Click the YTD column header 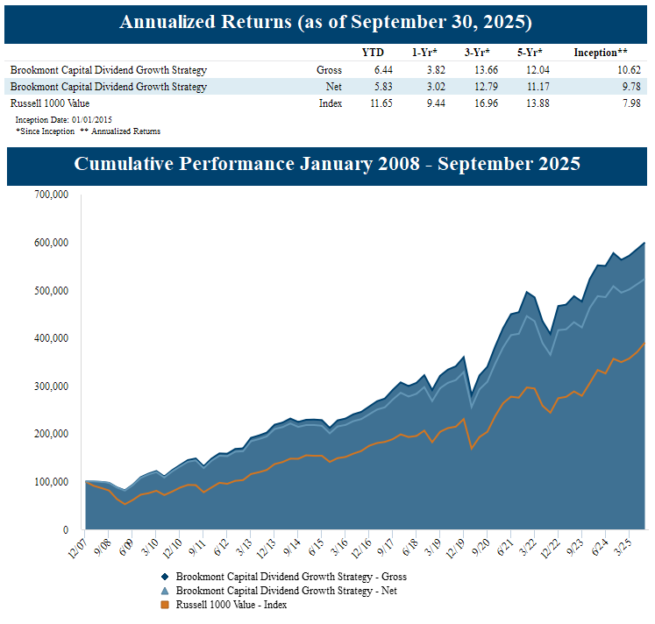[373, 53]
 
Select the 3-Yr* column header [477, 53]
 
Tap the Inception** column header [600, 53]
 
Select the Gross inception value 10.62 [616, 70]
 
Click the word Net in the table [333, 87]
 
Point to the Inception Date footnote [63, 119]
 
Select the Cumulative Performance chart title [327, 164]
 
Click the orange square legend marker [165, 605]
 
